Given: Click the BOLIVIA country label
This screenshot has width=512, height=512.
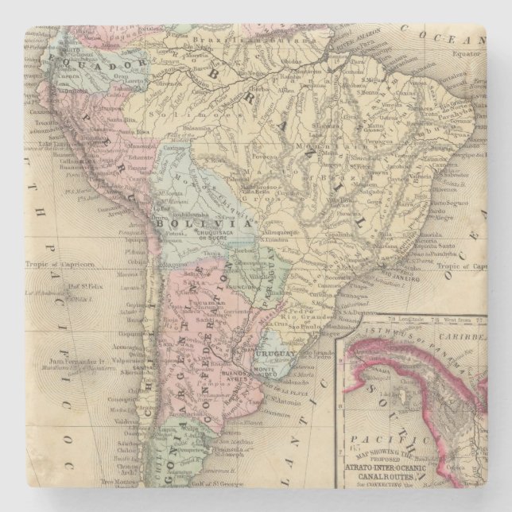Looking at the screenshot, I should [x=196, y=224].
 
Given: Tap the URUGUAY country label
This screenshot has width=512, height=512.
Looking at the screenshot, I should [x=276, y=351].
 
